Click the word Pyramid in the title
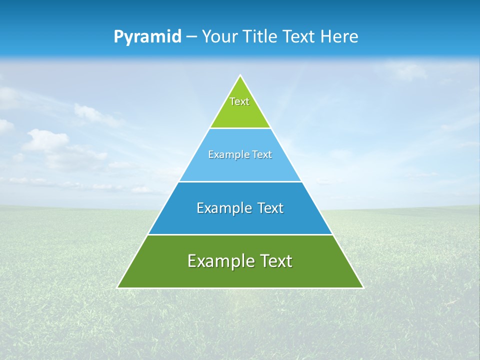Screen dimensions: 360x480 [147, 37]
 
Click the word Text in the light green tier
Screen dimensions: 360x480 [239, 101]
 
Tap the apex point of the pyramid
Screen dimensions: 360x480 [240, 76]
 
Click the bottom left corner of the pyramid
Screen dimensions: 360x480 [118, 287]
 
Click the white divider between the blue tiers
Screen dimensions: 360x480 [240, 181]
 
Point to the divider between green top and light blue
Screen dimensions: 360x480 [240, 128]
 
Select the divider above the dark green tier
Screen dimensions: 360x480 [240, 234]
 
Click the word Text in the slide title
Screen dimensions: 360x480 [299, 36]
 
